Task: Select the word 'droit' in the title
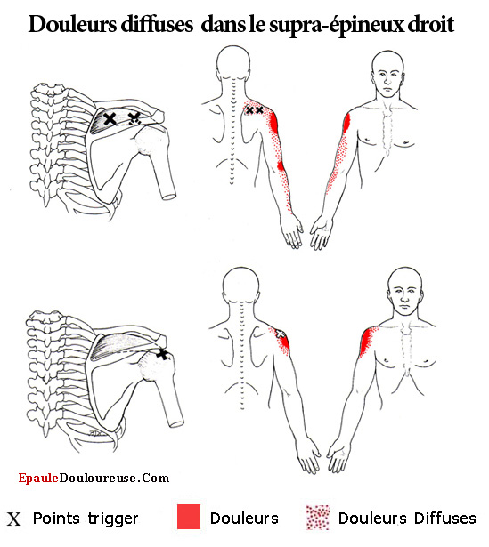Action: (x=431, y=24)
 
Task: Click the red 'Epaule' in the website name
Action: (x=38, y=479)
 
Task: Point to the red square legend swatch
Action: (x=189, y=516)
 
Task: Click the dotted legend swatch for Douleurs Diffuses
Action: (x=318, y=518)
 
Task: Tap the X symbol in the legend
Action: (x=14, y=519)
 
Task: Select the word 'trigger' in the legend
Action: (x=113, y=519)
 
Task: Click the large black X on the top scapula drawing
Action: (x=110, y=119)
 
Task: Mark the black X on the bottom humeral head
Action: (x=162, y=355)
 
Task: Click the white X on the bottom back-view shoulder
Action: (x=280, y=334)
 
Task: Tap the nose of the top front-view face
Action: (x=387, y=81)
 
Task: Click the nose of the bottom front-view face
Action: (x=404, y=298)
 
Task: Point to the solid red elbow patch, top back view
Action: (x=281, y=165)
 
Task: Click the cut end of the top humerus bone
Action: (x=169, y=196)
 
